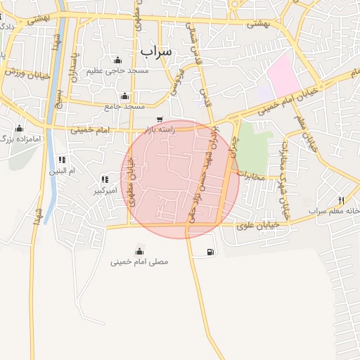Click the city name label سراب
tap(156, 51)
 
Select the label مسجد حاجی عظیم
tap(117, 71)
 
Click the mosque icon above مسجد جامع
tap(125, 96)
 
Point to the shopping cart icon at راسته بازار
tap(161, 119)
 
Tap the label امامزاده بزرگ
tap(22, 139)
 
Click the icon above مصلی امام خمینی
tap(139, 251)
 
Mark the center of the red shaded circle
tap(180, 179)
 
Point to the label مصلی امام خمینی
tap(139, 262)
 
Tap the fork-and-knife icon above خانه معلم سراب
tap(341, 200)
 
